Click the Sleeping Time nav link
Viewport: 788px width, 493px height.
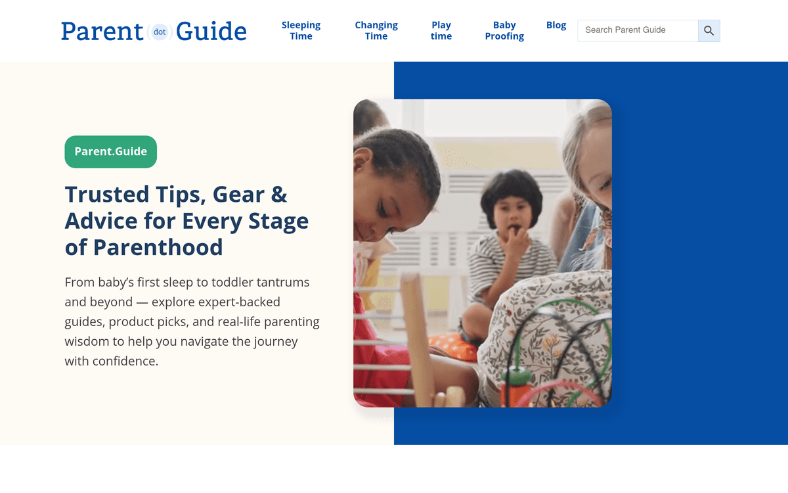pyautogui.click(x=301, y=31)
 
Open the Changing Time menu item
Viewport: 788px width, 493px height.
pyautogui.click(x=376, y=31)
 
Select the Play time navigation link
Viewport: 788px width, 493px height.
pyautogui.click(x=441, y=31)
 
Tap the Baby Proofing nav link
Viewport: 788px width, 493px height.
pyautogui.click(x=504, y=31)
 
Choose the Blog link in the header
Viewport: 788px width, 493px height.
pyautogui.click(x=556, y=25)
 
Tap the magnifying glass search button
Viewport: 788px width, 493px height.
pyautogui.click(x=709, y=31)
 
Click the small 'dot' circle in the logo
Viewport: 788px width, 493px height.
pyautogui.click(x=160, y=32)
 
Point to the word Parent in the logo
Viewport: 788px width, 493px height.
pyautogui.click(x=102, y=32)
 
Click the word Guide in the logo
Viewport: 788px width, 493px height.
pyautogui.click(x=211, y=32)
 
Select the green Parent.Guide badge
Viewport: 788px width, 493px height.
pyautogui.click(x=111, y=152)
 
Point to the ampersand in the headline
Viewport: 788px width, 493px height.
pyautogui.click(x=279, y=195)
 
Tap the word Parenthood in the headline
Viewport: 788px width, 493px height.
pyautogui.click(x=158, y=247)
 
